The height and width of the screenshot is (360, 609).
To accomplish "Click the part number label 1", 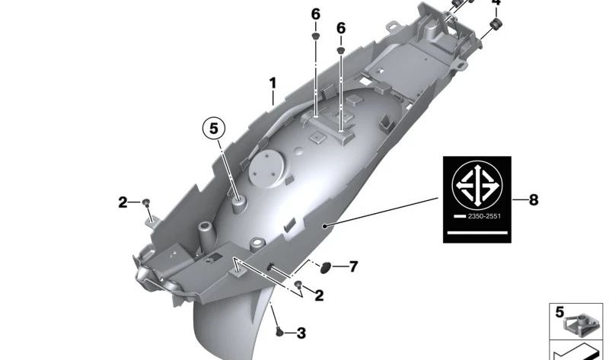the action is [273, 83].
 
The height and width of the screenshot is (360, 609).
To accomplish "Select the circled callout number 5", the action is [214, 129].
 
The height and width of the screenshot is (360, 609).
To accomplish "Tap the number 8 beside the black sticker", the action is [534, 200].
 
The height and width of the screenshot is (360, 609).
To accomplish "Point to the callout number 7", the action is [353, 266].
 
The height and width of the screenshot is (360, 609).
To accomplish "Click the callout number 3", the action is [301, 333].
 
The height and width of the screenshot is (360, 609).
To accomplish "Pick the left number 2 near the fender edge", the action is [123, 202].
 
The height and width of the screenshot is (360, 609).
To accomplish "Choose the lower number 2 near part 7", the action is [319, 295].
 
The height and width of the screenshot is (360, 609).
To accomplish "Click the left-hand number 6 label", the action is [316, 14].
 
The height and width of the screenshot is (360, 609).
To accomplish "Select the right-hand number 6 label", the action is [340, 28].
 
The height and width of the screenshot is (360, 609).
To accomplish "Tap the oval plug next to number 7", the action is [326, 267].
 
